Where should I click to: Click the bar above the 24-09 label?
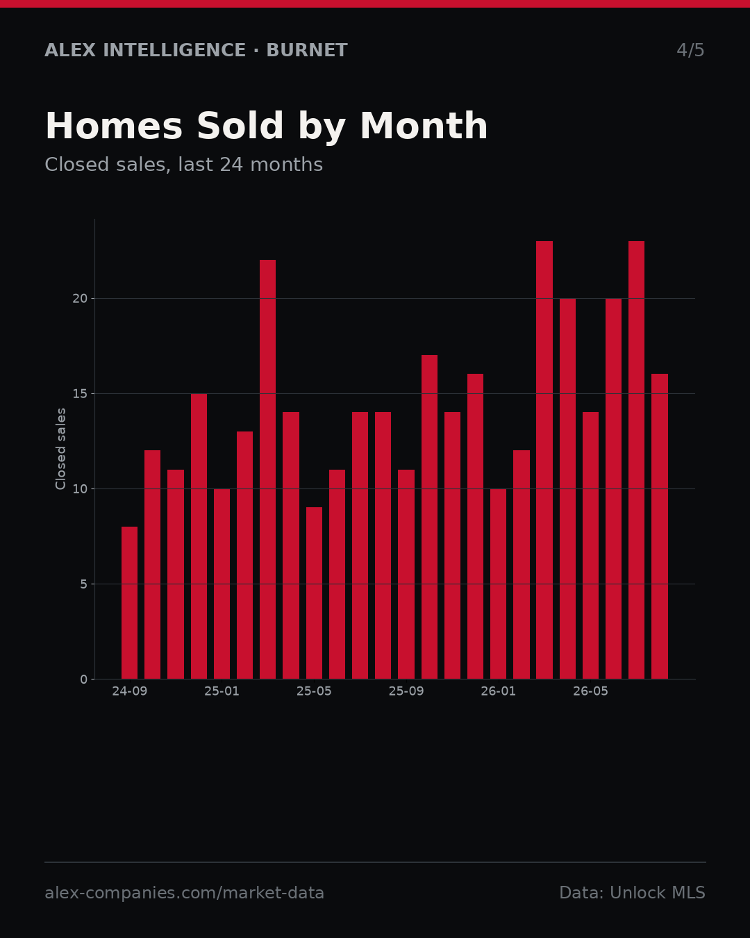pos(129,602)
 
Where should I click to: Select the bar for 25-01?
pos(222,584)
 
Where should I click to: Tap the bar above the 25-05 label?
pos(314,593)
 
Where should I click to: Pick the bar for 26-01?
pos(498,584)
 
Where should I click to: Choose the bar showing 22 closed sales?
pos(267,469)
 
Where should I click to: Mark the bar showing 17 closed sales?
pos(429,517)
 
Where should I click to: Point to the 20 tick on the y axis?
pos(80,299)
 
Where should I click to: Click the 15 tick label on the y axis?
pos(80,393)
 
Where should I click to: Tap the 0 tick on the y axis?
pos(84,679)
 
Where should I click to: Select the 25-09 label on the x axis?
pos(406,691)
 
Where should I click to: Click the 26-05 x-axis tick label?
pos(590,691)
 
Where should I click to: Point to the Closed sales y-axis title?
pos(60,449)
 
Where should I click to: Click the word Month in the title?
pos(424,126)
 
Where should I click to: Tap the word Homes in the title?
pos(114,126)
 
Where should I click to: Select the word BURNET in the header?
pos(307,50)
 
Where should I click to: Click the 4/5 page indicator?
pos(691,50)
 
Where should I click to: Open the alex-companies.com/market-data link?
pos(184,893)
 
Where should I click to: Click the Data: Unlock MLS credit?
pos(633,893)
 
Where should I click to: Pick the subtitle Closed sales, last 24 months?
pos(184,165)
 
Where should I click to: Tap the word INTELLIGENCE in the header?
pos(174,50)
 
